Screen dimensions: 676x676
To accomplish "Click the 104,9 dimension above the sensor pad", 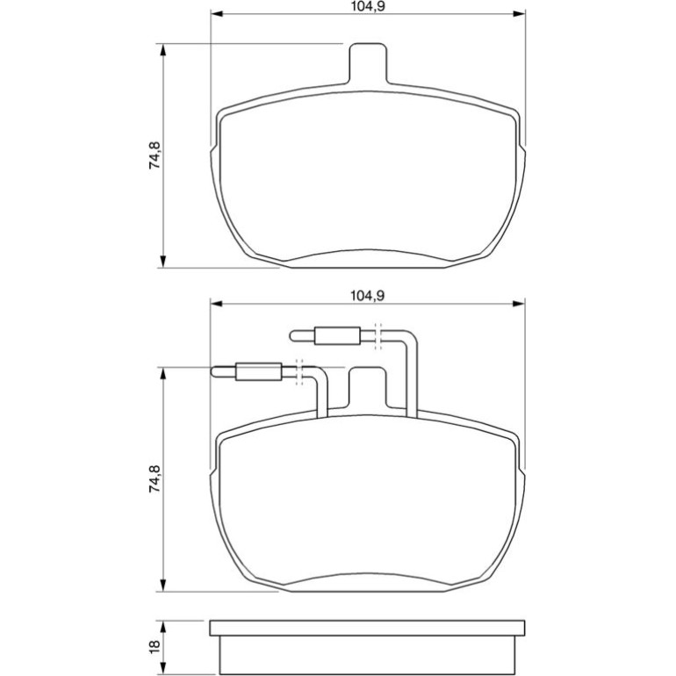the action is [367, 296].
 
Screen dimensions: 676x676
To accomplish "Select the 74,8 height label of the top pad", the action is [155, 155].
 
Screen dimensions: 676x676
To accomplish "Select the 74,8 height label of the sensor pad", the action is [155, 479].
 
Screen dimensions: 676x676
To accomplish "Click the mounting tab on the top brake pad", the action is [368, 64].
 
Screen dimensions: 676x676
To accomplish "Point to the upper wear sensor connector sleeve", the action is [337, 336].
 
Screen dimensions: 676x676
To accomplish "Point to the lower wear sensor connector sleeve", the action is [258, 371].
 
